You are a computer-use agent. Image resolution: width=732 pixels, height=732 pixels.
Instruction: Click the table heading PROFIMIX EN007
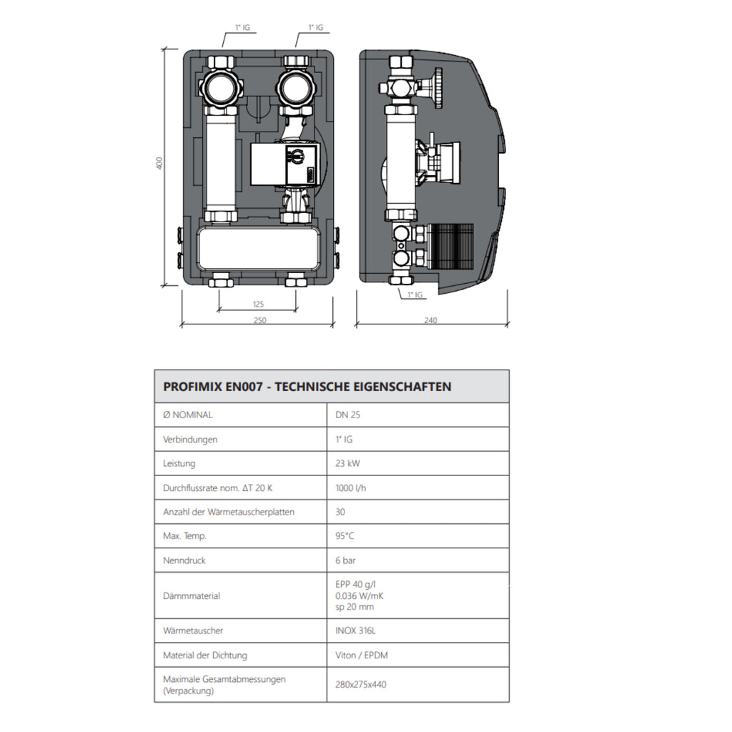click(x=307, y=387)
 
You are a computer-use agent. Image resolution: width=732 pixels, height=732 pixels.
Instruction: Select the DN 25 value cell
click(x=347, y=415)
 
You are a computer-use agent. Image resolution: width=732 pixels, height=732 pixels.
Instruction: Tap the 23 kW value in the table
click(x=348, y=463)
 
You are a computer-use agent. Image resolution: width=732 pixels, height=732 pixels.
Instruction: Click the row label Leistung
click(x=179, y=463)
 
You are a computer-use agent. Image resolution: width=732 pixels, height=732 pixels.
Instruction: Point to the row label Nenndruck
click(x=184, y=560)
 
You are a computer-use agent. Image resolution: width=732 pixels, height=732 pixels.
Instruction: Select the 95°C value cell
click(x=345, y=536)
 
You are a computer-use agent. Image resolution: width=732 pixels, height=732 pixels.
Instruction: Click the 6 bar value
click(x=346, y=560)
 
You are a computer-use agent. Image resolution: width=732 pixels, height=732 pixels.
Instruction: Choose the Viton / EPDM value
click(x=362, y=656)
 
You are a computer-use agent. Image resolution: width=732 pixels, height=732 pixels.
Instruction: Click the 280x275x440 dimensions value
click(x=361, y=684)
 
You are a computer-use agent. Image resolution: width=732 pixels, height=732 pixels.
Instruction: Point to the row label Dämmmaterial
click(x=192, y=595)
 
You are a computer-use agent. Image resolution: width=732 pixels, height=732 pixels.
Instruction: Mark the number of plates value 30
click(x=340, y=512)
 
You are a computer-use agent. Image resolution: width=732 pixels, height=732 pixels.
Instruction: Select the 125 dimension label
click(x=258, y=304)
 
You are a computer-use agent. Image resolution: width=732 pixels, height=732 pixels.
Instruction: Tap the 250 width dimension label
click(x=259, y=320)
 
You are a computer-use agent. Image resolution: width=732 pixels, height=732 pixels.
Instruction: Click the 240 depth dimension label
click(x=430, y=320)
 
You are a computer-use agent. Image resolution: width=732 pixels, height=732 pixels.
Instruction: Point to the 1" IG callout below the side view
click(x=415, y=295)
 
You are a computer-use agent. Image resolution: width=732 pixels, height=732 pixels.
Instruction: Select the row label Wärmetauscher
click(x=193, y=631)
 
